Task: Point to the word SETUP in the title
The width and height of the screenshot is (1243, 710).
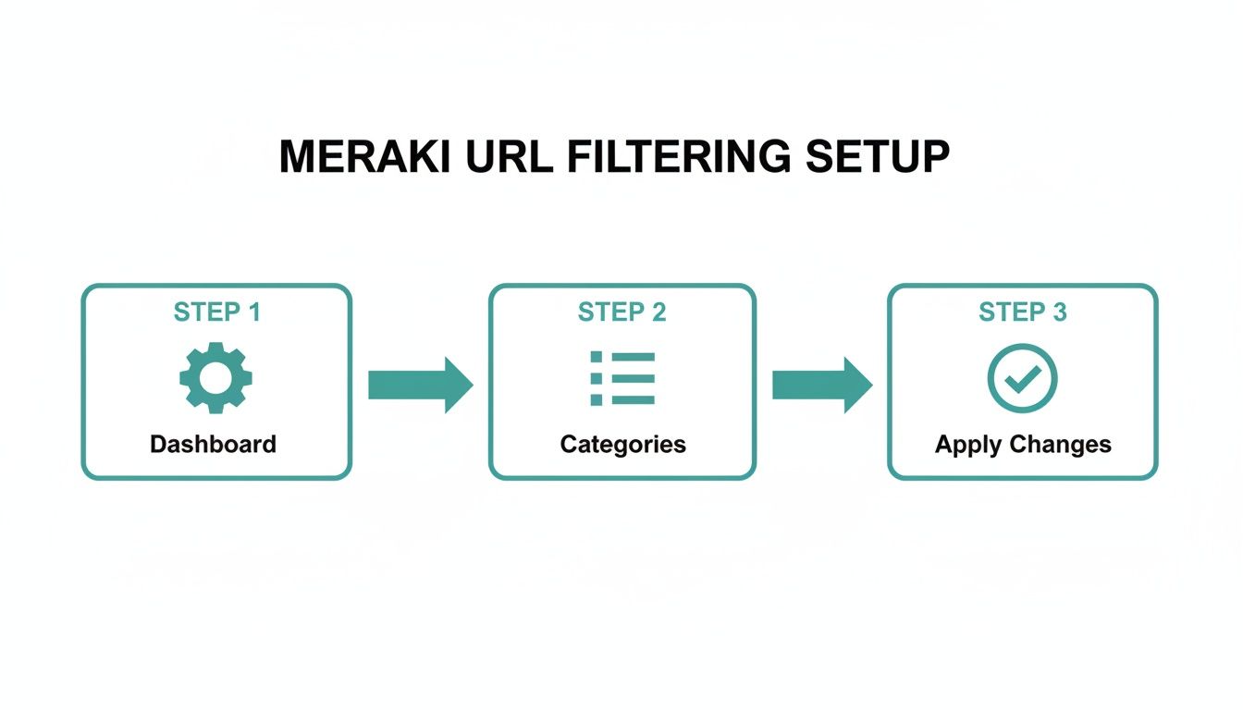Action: click(878, 158)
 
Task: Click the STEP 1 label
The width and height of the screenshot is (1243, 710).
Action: click(216, 312)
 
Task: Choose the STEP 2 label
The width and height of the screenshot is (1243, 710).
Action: click(621, 312)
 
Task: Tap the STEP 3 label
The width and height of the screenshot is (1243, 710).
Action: click(1022, 312)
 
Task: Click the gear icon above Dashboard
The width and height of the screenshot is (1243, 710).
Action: click(215, 377)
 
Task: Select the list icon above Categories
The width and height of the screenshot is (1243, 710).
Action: click(621, 377)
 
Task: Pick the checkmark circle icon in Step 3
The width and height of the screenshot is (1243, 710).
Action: click(1022, 377)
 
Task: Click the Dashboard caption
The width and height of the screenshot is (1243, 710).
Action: click(213, 445)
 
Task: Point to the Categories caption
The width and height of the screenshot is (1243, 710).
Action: click(622, 445)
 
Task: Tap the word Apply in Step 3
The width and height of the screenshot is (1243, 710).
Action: click(969, 445)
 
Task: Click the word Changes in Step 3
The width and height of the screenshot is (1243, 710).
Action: click(1060, 445)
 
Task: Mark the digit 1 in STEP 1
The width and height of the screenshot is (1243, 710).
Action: click(253, 312)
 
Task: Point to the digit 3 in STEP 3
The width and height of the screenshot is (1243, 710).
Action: click(1059, 312)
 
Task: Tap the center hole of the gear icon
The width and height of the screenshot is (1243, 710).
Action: click(215, 377)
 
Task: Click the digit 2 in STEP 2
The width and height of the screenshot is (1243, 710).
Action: click(658, 312)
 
